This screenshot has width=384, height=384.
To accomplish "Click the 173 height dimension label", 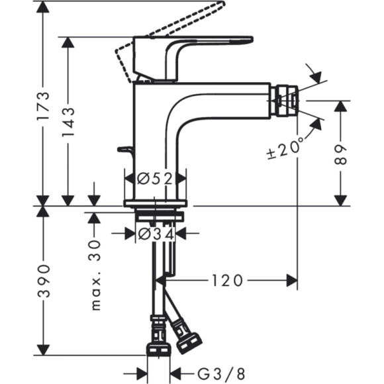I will click(x=42, y=105).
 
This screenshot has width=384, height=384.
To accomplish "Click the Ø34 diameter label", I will click(x=156, y=233).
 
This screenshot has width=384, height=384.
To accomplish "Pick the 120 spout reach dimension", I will click(x=227, y=281).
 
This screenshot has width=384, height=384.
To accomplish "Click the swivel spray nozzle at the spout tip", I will click(x=283, y=100).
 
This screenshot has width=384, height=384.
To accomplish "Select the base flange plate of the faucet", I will click(x=156, y=203).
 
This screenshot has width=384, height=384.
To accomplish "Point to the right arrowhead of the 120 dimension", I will click(x=291, y=281).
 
